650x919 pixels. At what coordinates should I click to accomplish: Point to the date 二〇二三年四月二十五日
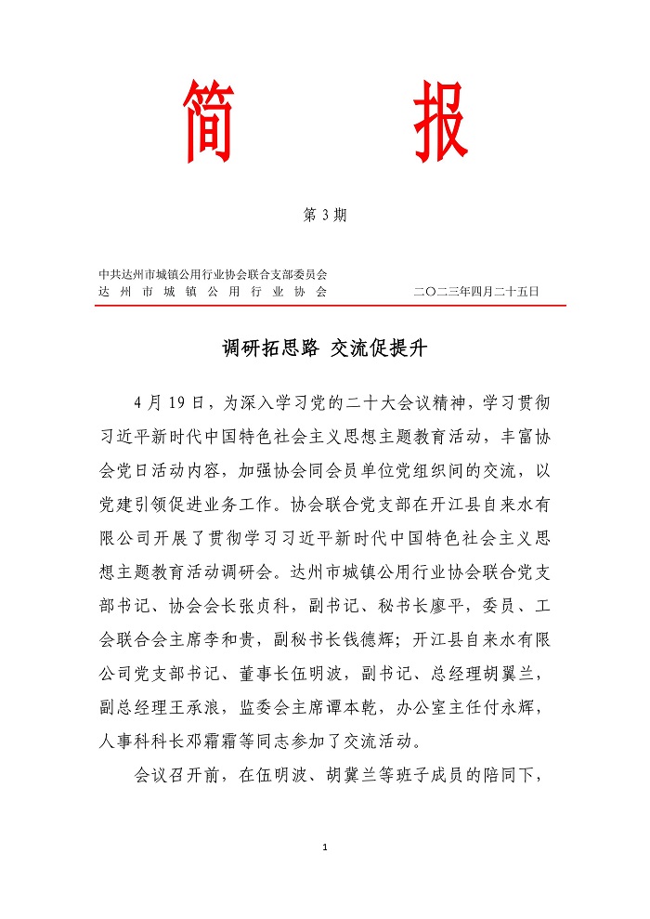tap(476, 291)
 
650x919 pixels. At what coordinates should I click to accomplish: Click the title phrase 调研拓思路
tap(270, 349)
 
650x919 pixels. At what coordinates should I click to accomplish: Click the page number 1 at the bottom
tap(325, 847)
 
